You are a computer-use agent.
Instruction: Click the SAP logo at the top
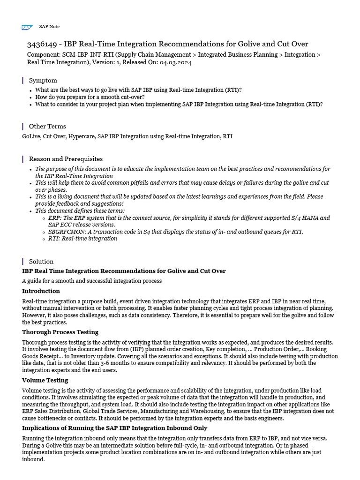[x=27, y=28]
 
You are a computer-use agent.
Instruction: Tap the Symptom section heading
[x=43, y=80]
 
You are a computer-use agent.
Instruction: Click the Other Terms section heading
[x=47, y=126]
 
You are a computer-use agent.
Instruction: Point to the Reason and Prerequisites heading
[x=66, y=159]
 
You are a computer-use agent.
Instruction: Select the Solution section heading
[x=41, y=261]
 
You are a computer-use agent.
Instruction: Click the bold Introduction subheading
[x=41, y=291]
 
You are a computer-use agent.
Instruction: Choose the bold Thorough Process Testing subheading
[x=60, y=332]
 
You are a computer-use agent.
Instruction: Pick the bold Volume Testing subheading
[x=45, y=380]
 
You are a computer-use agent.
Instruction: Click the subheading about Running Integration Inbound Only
[x=114, y=428]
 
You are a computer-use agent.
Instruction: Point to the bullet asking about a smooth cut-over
[x=90, y=97]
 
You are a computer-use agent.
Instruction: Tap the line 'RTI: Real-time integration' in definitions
[x=82, y=239]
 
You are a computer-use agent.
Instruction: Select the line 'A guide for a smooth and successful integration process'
[x=92, y=281]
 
